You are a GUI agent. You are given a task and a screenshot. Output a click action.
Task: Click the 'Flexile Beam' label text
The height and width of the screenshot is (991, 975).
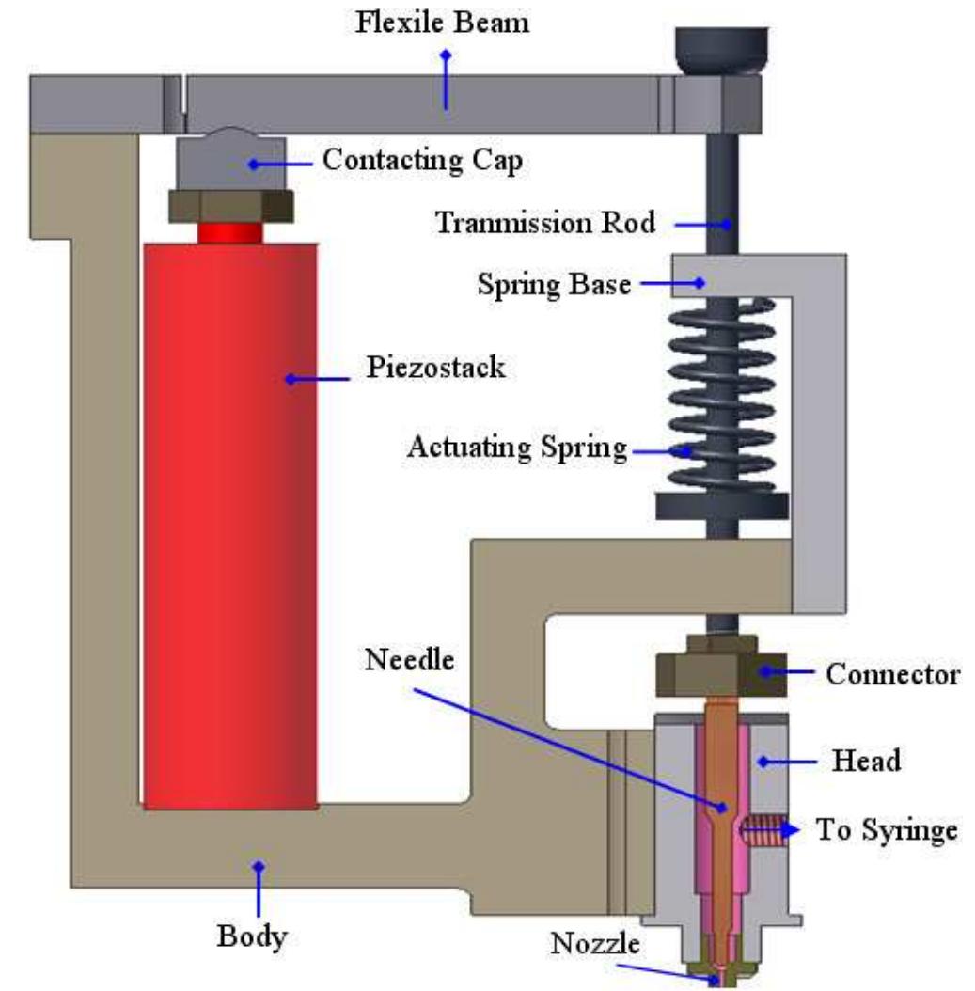(x=441, y=22)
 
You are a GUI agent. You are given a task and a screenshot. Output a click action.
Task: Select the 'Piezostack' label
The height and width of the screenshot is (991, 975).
(x=435, y=368)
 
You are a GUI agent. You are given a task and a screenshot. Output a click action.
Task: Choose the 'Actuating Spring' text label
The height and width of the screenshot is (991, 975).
(x=516, y=448)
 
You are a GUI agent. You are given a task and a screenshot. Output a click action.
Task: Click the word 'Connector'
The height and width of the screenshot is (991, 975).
(x=892, y=674)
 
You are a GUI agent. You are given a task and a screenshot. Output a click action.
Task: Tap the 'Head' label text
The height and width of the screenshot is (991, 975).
(x=866, y=760)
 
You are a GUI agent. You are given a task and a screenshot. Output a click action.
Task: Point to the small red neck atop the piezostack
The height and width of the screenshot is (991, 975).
(x=229, y=232)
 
